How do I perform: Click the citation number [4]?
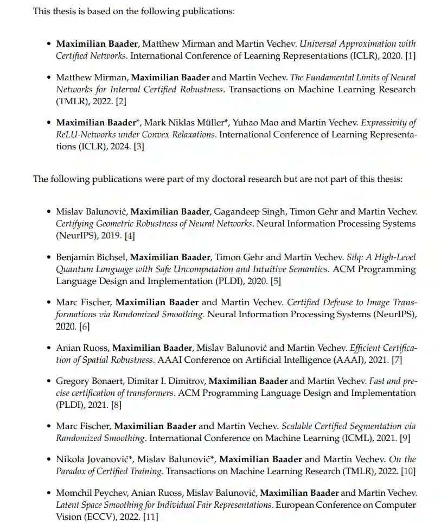point(130,236)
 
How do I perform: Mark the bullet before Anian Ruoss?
point(49,348)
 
